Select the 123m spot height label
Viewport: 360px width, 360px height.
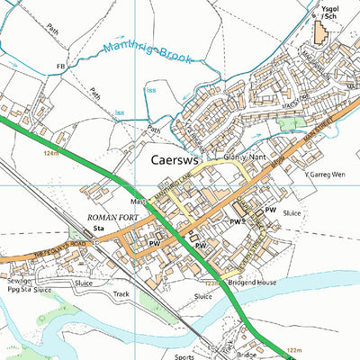click(212, 284)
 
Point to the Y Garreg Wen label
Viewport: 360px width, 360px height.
click(327, 175)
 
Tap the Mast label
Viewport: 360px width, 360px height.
click(139, 202)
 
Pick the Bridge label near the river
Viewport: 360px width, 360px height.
click(247, 355)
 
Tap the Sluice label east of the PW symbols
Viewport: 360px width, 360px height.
click(290, 213)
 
